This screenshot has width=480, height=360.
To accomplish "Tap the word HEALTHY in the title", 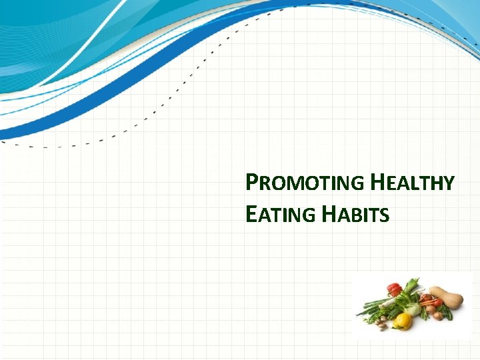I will click(x=413, y=183).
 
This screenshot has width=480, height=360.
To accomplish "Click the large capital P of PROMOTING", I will click(x=251, y=182).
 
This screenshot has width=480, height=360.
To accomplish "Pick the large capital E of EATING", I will click(x=251, y=214).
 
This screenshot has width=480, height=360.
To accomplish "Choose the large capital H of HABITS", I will click(x=329, y=214).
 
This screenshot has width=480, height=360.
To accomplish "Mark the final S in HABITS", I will click(x=385, y=215).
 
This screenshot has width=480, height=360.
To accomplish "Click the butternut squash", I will click(x=447, y=297).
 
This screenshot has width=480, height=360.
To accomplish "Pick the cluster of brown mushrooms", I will click(x=381, y=321).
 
